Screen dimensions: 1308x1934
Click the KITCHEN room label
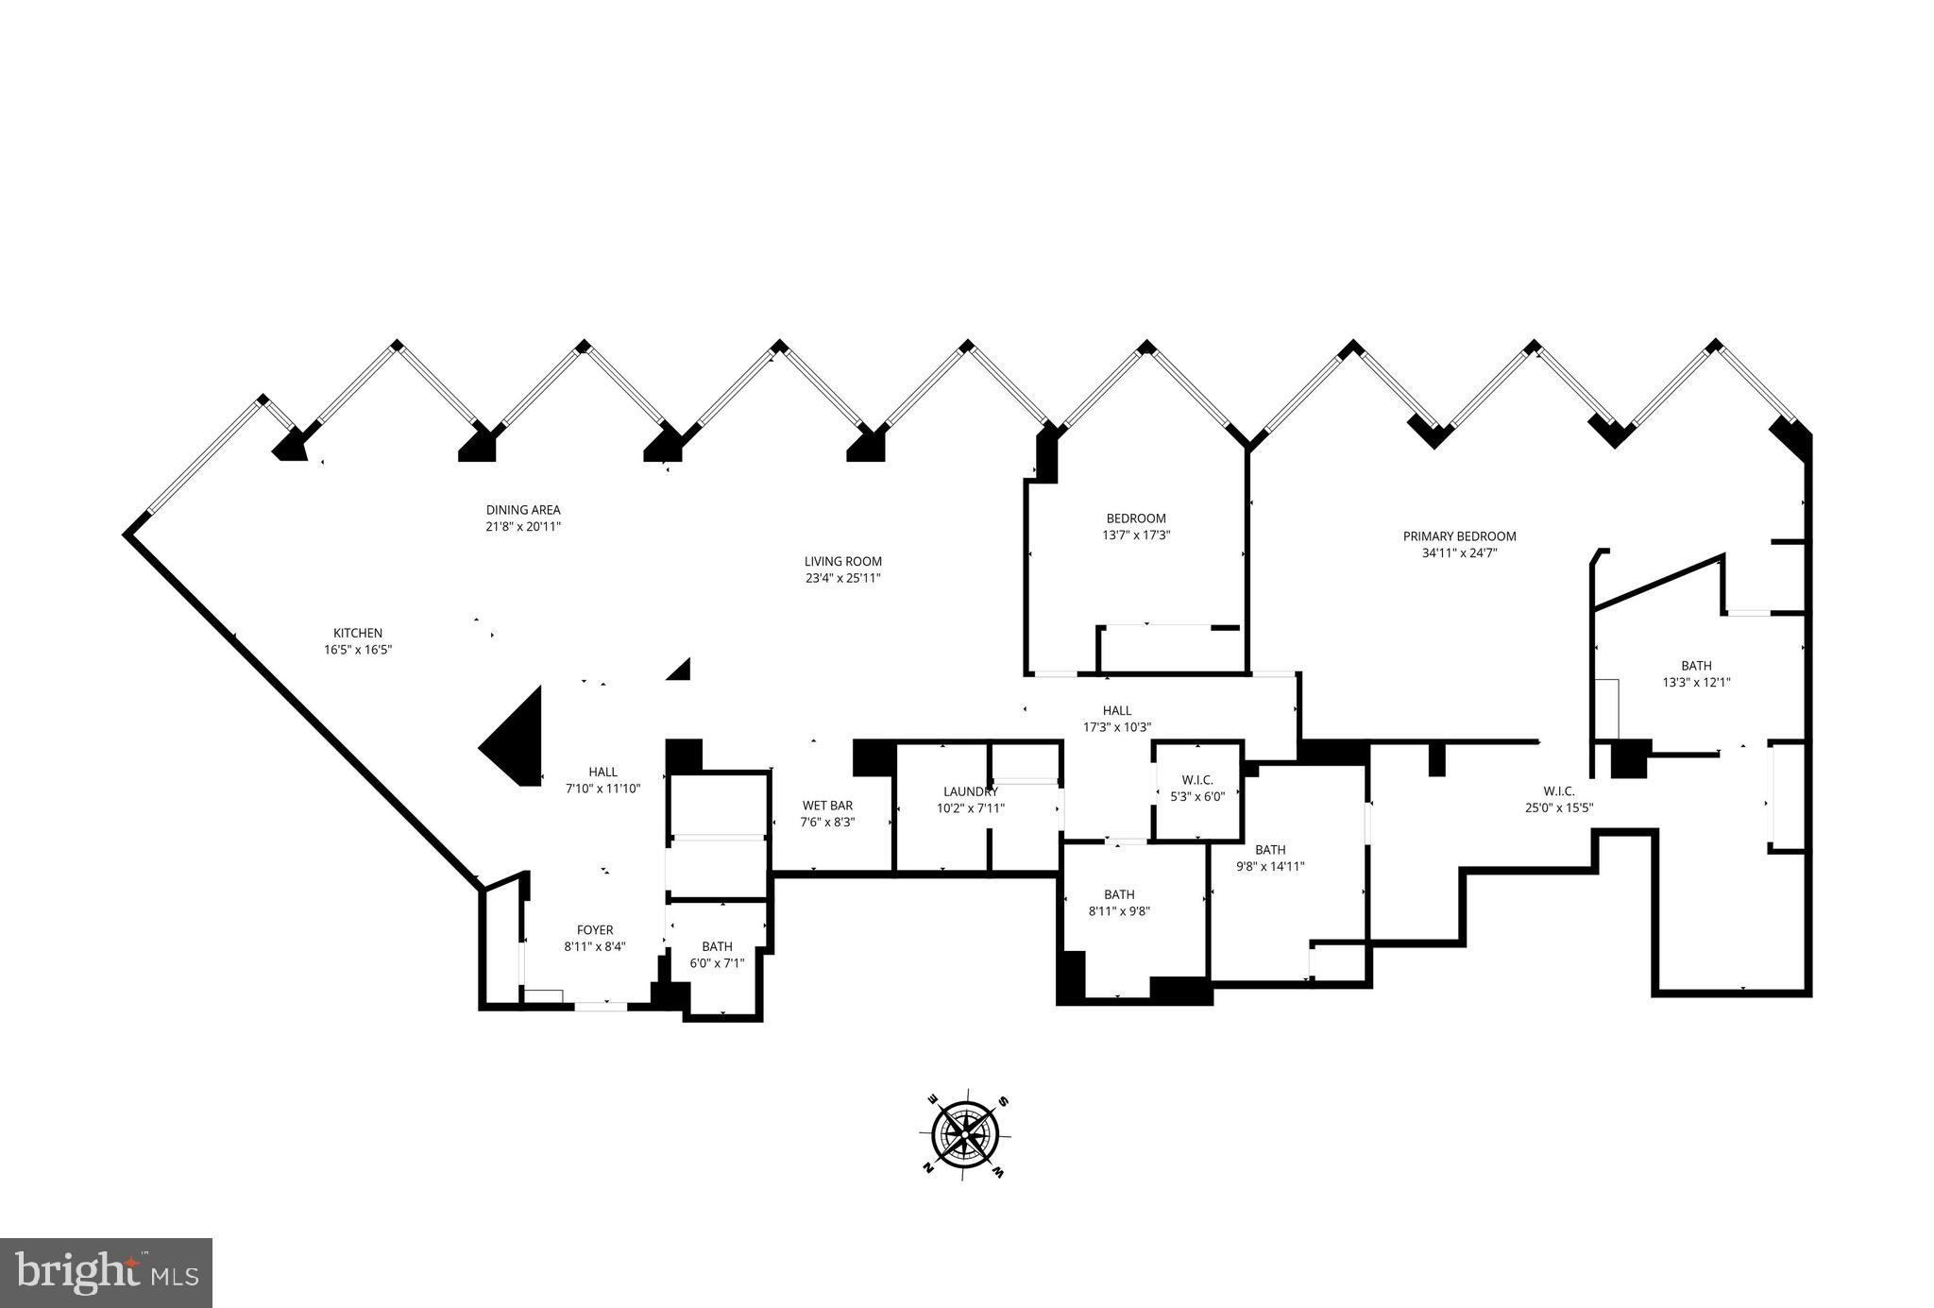click(x=357, y=633)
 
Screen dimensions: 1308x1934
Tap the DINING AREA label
click(x=523, y=510)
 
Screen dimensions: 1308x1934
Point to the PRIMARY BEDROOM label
click(x=1459, y=536)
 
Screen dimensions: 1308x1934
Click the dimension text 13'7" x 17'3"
click(x=1136, y=535)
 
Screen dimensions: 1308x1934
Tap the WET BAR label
click(x=827, y=806)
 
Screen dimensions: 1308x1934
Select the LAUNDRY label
click(x=970, y=791)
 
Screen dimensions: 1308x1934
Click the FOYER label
click(x=595, y=930)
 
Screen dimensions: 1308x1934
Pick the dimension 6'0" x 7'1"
click(x=717, y=963)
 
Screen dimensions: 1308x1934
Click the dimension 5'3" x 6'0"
click(x=1196, y=796)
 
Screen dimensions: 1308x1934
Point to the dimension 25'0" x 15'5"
click(x=1559, y=807)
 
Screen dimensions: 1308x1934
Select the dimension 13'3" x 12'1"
click(x=1696, y=682)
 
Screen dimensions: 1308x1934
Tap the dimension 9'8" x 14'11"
click(x=1270, y=866)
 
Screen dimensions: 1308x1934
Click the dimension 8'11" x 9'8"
click(x=1119, y=911)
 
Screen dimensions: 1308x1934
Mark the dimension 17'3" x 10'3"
click(x=1116, y=727)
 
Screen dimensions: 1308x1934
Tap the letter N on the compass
click(x=928, y=1169)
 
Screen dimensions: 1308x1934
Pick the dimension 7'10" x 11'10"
click(x=602, y=789)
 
